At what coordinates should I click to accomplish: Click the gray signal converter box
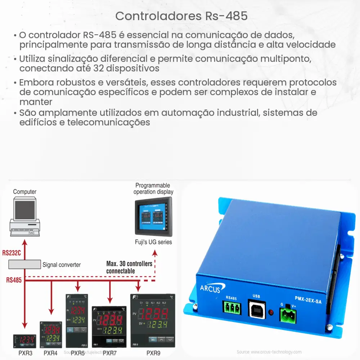pos(25,265)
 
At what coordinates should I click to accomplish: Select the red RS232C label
pos(12,253)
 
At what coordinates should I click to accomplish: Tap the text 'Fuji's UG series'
pos(153,242)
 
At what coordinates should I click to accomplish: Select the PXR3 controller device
pos(24,340)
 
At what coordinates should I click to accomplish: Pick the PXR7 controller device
pos(110,326)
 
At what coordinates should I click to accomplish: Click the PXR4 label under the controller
pos(50,353)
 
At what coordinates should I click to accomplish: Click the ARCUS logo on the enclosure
pos(210,288)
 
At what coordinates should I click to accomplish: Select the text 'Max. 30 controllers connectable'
pos(129,267)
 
